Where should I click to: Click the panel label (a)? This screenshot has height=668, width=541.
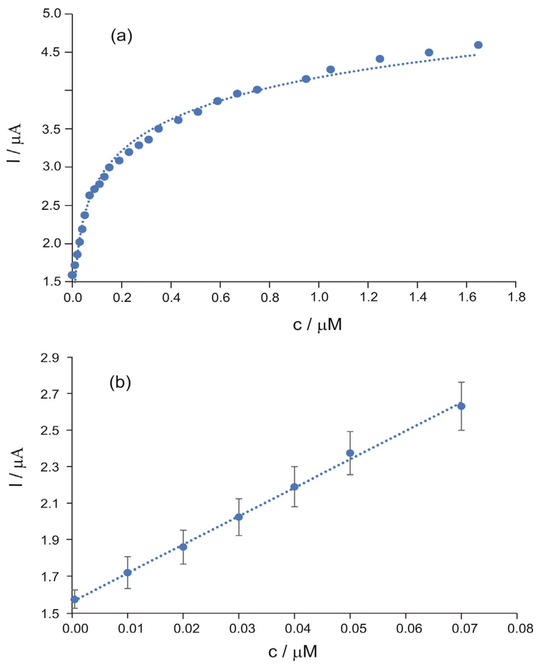point(122,36)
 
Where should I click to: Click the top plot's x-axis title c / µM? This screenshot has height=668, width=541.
point(317,325)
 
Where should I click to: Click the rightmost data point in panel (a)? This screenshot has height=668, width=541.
point(478,45)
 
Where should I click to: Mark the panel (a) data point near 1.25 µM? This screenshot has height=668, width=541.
point(380,59)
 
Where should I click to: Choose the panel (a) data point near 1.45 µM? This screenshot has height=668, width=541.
point(429,52)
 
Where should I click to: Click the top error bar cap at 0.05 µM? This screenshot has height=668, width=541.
point(350,432)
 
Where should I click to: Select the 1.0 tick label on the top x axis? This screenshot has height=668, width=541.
point(318,297)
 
